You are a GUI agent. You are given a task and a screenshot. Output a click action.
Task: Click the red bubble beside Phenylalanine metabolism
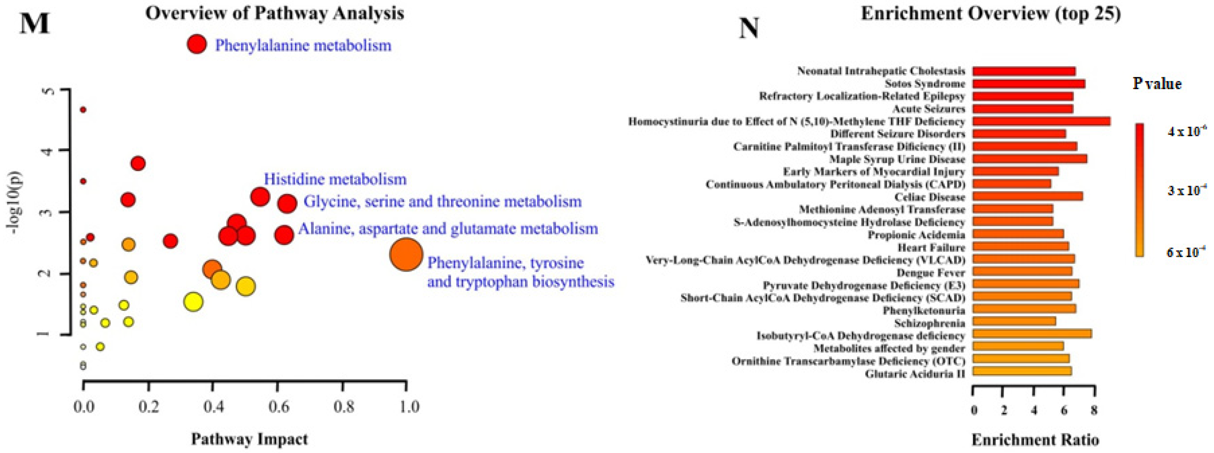pos(196,44)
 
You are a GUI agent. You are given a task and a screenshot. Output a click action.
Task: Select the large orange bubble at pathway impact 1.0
pos(406,254)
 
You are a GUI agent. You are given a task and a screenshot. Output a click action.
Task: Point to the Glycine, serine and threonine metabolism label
pos(443,202)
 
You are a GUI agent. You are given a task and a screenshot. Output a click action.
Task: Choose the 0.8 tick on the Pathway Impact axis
pos(344,406)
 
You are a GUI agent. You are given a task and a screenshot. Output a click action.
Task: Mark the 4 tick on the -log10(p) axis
pos(47,151)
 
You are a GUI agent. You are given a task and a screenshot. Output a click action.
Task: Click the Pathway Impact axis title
pos(249,439)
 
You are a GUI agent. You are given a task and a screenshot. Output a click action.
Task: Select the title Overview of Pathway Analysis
pos(274,13)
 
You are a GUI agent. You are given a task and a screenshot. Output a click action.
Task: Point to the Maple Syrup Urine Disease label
pos(897,159)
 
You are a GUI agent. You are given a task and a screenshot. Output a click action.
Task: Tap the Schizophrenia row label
pos(929,323)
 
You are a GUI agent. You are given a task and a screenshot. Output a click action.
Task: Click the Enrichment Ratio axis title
pos(1035,440)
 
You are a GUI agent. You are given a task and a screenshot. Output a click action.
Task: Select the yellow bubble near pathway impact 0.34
pos(193,302)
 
